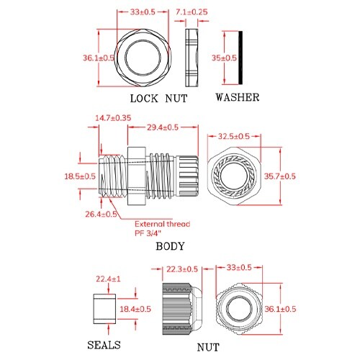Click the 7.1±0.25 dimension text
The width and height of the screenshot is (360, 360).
pyautogui.click(x=192, y=12)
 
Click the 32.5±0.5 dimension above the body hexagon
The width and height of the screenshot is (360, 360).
pyautogui.click(x=234, y=136)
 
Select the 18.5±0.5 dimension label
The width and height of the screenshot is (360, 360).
pyautogui.click(x=80, y=176)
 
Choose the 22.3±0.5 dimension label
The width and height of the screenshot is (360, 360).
pyautogui.click(x=181, y=269)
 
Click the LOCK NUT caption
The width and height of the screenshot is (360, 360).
pyautogui.click(x=158, y=98)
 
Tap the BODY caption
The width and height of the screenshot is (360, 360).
pyautogui.click(x=170, y=246)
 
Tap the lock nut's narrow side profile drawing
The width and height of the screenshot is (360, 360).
pyautogui.click(x=191, y=58)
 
